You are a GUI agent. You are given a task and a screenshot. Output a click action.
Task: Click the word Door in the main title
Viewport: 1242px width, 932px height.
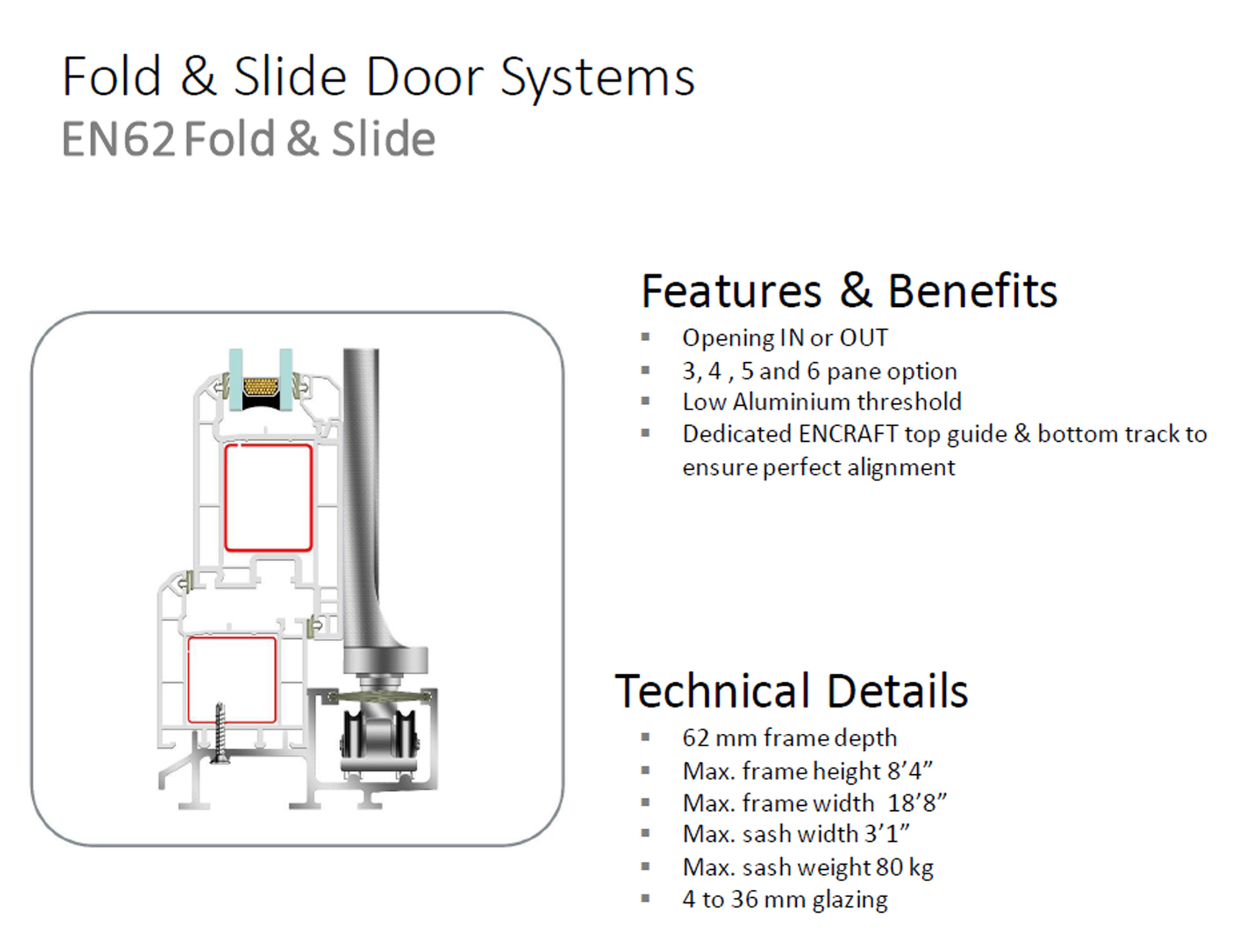[x=425, y=76]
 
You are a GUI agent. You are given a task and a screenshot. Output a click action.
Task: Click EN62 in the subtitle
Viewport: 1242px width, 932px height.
[x=119, y=139]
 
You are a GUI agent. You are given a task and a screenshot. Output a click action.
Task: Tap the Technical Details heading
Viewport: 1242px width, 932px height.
[x=791, y=690]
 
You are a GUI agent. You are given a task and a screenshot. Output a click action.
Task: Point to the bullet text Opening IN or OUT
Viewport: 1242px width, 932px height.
[x=785, y=337]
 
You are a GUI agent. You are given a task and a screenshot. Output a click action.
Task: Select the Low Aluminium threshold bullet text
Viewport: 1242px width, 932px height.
[x=822, y=401]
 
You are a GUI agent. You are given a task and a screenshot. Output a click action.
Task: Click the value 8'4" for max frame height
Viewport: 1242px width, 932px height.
[x=910, y=770]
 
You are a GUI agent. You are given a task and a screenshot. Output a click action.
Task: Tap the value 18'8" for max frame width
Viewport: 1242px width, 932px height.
[x=917, y=803]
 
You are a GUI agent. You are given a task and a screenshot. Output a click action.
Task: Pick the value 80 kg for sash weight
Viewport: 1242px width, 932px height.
[x=904, y=867]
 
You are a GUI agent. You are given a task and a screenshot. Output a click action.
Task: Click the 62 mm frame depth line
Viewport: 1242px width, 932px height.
[x=789, y=738]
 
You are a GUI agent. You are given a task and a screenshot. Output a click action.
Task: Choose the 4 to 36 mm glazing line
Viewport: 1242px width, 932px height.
[x=785, y=899]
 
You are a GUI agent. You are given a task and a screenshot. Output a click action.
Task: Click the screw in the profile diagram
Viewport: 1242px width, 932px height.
[x=219, y=733]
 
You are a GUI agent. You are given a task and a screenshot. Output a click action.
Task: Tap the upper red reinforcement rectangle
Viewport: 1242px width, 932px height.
[x=268, y=498]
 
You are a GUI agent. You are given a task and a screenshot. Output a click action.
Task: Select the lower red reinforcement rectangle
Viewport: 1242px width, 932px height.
[x=232, y=680]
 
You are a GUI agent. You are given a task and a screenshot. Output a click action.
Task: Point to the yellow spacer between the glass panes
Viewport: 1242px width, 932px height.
[x=261, y=387]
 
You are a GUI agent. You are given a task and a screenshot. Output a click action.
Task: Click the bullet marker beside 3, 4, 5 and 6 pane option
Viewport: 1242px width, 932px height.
[x=646, y=370]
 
